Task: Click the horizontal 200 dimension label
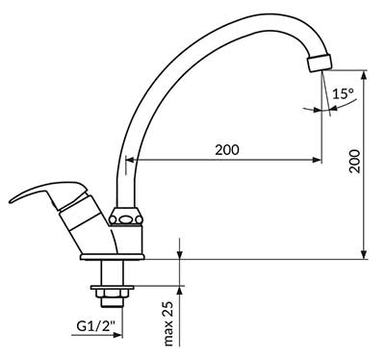click(x=226, y=149)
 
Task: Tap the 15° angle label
click(x=342, y=94)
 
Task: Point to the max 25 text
click(x=167, y=322)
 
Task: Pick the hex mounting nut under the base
click(x=108, y=288)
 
